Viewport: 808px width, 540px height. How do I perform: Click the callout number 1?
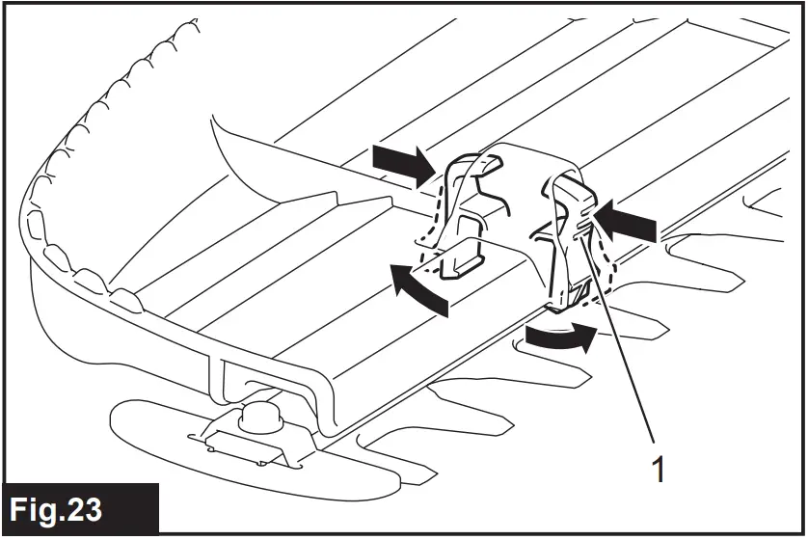coord(660,471)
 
